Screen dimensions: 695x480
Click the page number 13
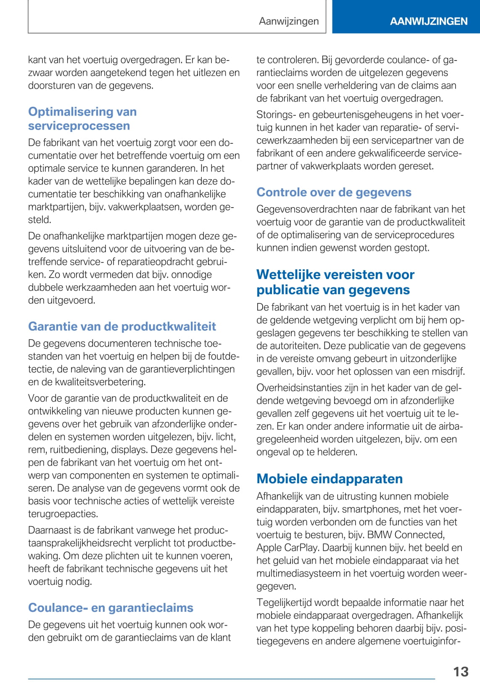tap(461, 671)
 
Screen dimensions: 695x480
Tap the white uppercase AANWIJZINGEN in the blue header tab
tap(428, 21)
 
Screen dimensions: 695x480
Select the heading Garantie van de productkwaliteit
tap(122, 326)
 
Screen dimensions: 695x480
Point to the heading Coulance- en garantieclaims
tap(111, 608)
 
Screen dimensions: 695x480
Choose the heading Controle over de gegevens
tap(334, 192)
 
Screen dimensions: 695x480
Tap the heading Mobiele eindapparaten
tap(330, 479)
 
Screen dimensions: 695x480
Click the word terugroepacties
tap(63, 514)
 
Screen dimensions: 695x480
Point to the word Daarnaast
tap(48, 530)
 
